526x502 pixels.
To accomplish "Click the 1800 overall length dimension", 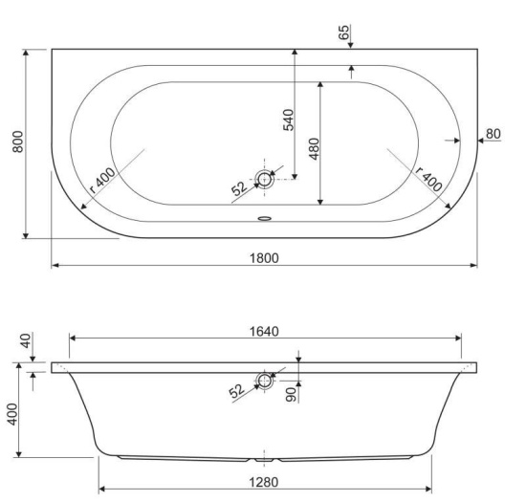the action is pyautogui.click(x=264, y=258).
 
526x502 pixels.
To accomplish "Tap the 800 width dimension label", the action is pyautogui.click(x=18, y=142).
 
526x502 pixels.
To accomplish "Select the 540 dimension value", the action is pyautogui.click(x=289, y=120).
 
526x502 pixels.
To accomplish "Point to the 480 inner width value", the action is pyautogui.click(x=314, y=148).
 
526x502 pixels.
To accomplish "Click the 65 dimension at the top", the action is pyautogui.click(x=344, y=33).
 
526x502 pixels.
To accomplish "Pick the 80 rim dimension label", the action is pyautogui.click(x=493, y=134).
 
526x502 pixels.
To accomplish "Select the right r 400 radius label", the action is pyautogui.click(x=428, y=179).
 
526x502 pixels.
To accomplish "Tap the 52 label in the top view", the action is pyautogui.click(x=239, y=188).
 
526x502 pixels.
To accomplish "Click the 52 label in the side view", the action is pyautogui.click(x=236, y=391).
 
